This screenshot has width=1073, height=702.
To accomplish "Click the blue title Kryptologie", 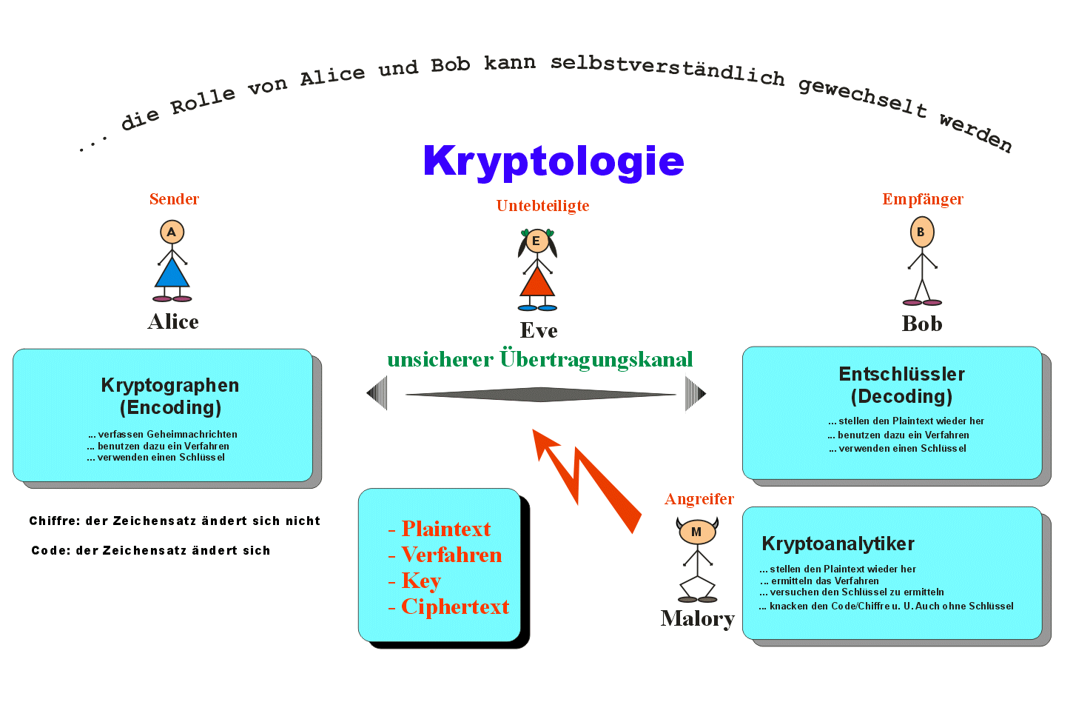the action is click(554, 162).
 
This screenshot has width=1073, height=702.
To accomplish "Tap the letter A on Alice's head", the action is click(172, 233).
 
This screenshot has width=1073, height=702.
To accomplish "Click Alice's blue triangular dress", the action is click(172, 273).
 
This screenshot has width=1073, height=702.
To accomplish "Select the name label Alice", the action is click(173, 321).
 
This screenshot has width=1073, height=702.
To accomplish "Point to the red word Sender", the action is click(174, 199).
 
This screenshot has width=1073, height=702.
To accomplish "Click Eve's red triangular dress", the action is click(537, 282).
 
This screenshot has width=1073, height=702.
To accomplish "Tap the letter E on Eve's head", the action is click(536, 241).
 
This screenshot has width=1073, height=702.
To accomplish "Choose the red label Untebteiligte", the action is click(542, 206).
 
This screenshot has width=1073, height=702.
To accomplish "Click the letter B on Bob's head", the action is click(921, 232).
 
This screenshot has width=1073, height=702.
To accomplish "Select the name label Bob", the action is click(922, 324).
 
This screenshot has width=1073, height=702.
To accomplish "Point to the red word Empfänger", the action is click(923, 199).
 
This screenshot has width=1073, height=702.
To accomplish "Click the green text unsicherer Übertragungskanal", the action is click(540, 360).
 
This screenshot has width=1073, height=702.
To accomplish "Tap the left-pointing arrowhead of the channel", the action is click(377, 393).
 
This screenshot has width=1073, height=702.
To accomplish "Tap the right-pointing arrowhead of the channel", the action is click(696, 394).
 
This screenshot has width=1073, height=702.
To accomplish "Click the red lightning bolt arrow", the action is click(588, 480).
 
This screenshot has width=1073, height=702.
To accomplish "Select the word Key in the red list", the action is click(421, 581).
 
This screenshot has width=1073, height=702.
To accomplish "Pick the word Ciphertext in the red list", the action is click(455, 606).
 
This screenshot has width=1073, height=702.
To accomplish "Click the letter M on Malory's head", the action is click(696, 532).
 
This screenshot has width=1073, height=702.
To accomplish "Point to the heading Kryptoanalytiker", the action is click(838, 544).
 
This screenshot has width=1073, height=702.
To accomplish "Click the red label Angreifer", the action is click(699, 499).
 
